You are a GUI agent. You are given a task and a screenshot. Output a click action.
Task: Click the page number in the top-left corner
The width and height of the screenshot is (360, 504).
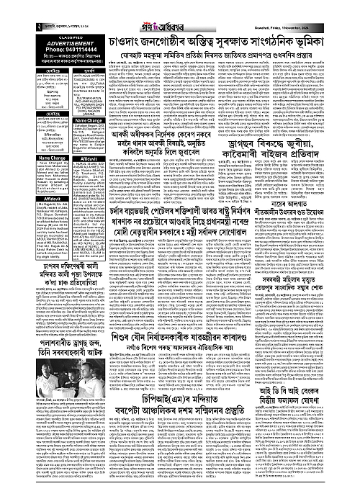[x=4, y=8]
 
